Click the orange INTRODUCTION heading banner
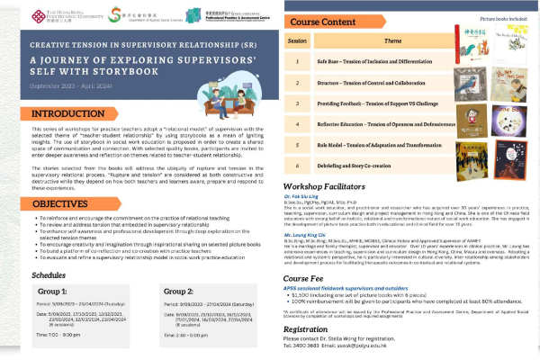coord(55,114)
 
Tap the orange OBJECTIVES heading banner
coord(49,203)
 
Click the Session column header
coord(297,41)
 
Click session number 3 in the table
coord(297,104)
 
